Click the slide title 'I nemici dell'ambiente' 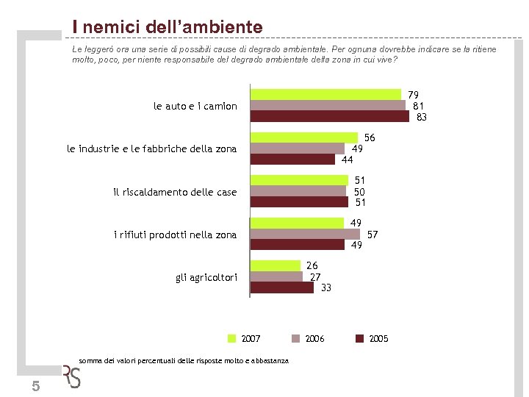167,27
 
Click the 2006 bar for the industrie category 298,149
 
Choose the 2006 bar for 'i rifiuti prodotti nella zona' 305,234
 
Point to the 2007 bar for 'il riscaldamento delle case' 299,180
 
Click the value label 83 422,117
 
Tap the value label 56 370,137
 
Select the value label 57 373,235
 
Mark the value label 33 326,287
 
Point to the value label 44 348,160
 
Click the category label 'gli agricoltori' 206,277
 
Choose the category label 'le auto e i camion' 195,106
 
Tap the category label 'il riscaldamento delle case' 176,192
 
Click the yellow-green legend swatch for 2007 231,338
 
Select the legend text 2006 314,338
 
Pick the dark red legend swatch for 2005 360,338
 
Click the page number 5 36,387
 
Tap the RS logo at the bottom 72,376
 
